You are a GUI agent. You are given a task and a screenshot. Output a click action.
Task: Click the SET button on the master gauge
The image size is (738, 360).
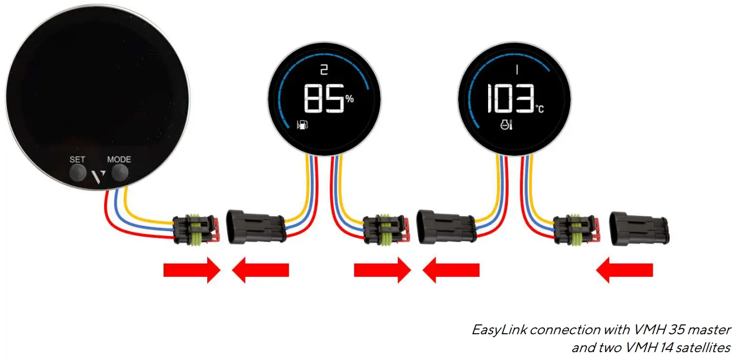(77, 172)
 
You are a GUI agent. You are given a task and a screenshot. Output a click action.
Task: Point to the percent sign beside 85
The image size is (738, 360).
(349, 98)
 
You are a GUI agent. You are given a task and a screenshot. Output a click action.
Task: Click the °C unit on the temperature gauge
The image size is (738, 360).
(540, 109)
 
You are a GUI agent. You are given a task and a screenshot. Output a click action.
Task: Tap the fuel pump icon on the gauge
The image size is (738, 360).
(302, 125)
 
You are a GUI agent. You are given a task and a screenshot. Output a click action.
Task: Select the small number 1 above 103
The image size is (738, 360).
(517, 69)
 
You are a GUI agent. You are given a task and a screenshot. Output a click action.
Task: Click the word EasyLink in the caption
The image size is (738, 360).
(500, 330)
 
